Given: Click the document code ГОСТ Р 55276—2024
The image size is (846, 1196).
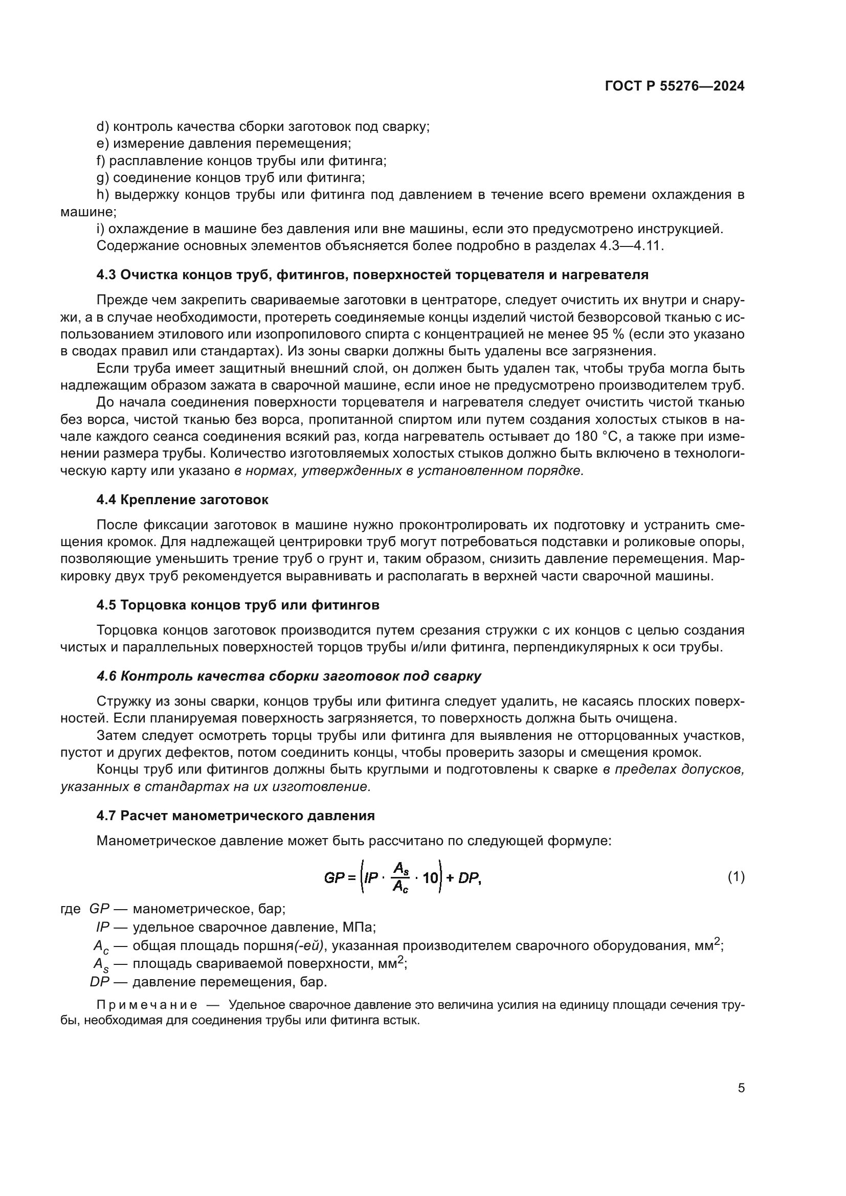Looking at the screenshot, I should pyautogui.click(x=674, y=86).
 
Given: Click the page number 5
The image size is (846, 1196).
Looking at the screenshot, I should pyautogui.click(x=741, y=1088).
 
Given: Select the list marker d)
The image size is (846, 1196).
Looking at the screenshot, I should pyautogui.click(x=103, y=127).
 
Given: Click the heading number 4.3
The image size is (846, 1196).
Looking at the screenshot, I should pyautogui.click(x=106, y=275).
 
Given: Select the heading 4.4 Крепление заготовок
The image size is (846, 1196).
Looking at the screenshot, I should pyautogui.click(x=182, y=500).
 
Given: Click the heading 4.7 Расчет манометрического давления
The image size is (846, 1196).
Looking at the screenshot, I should pyautogui.click(x=235, y=816).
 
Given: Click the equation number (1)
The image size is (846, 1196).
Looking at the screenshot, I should pyautogui.click(x=736, y=877).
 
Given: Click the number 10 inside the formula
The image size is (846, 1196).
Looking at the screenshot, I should pyautogui.click(x=430, y=878).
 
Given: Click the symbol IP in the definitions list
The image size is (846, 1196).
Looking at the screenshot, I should pyautogui.click(x=102, y=927).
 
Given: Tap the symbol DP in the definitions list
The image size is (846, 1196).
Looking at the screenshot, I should pyautogui.click(x=99, y=982).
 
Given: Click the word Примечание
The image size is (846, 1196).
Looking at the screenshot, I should pyautogui.click(x=146, y=1005).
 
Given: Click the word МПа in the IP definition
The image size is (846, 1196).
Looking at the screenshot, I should pyautogui.click(x=359, y=927).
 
